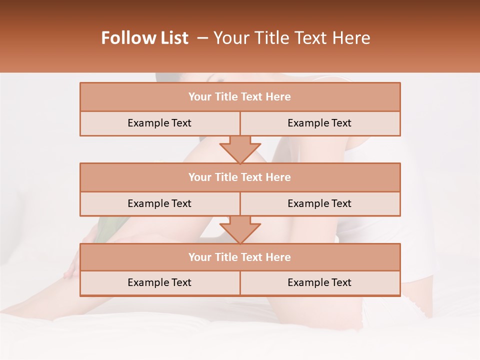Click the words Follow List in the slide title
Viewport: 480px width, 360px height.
[x=145, y=38]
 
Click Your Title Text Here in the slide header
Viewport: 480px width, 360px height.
[x=291, y=38]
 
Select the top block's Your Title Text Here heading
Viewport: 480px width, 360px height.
[x=239, y=97]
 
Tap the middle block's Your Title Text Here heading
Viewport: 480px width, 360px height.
[x=239, y=177]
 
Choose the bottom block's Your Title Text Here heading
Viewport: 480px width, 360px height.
[x=239, y=257]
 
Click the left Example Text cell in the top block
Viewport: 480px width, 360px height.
[x=159, y=123]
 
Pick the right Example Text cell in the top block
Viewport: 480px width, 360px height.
[x=319, y=123]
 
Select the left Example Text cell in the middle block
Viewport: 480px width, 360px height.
[x=159, y=204]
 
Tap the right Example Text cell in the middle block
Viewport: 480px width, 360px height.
[x=319, y=204]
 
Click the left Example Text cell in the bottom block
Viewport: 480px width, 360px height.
[x=159, y=283]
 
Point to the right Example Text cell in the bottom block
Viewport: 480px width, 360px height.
[x=319, y=283]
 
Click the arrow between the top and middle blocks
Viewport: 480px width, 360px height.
[x=240, y=149]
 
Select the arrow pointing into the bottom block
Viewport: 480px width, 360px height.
[x=240, y=229]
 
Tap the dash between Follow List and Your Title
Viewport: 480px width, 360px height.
[x=202, y=38]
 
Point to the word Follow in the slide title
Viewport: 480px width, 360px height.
[x=127, y=38]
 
